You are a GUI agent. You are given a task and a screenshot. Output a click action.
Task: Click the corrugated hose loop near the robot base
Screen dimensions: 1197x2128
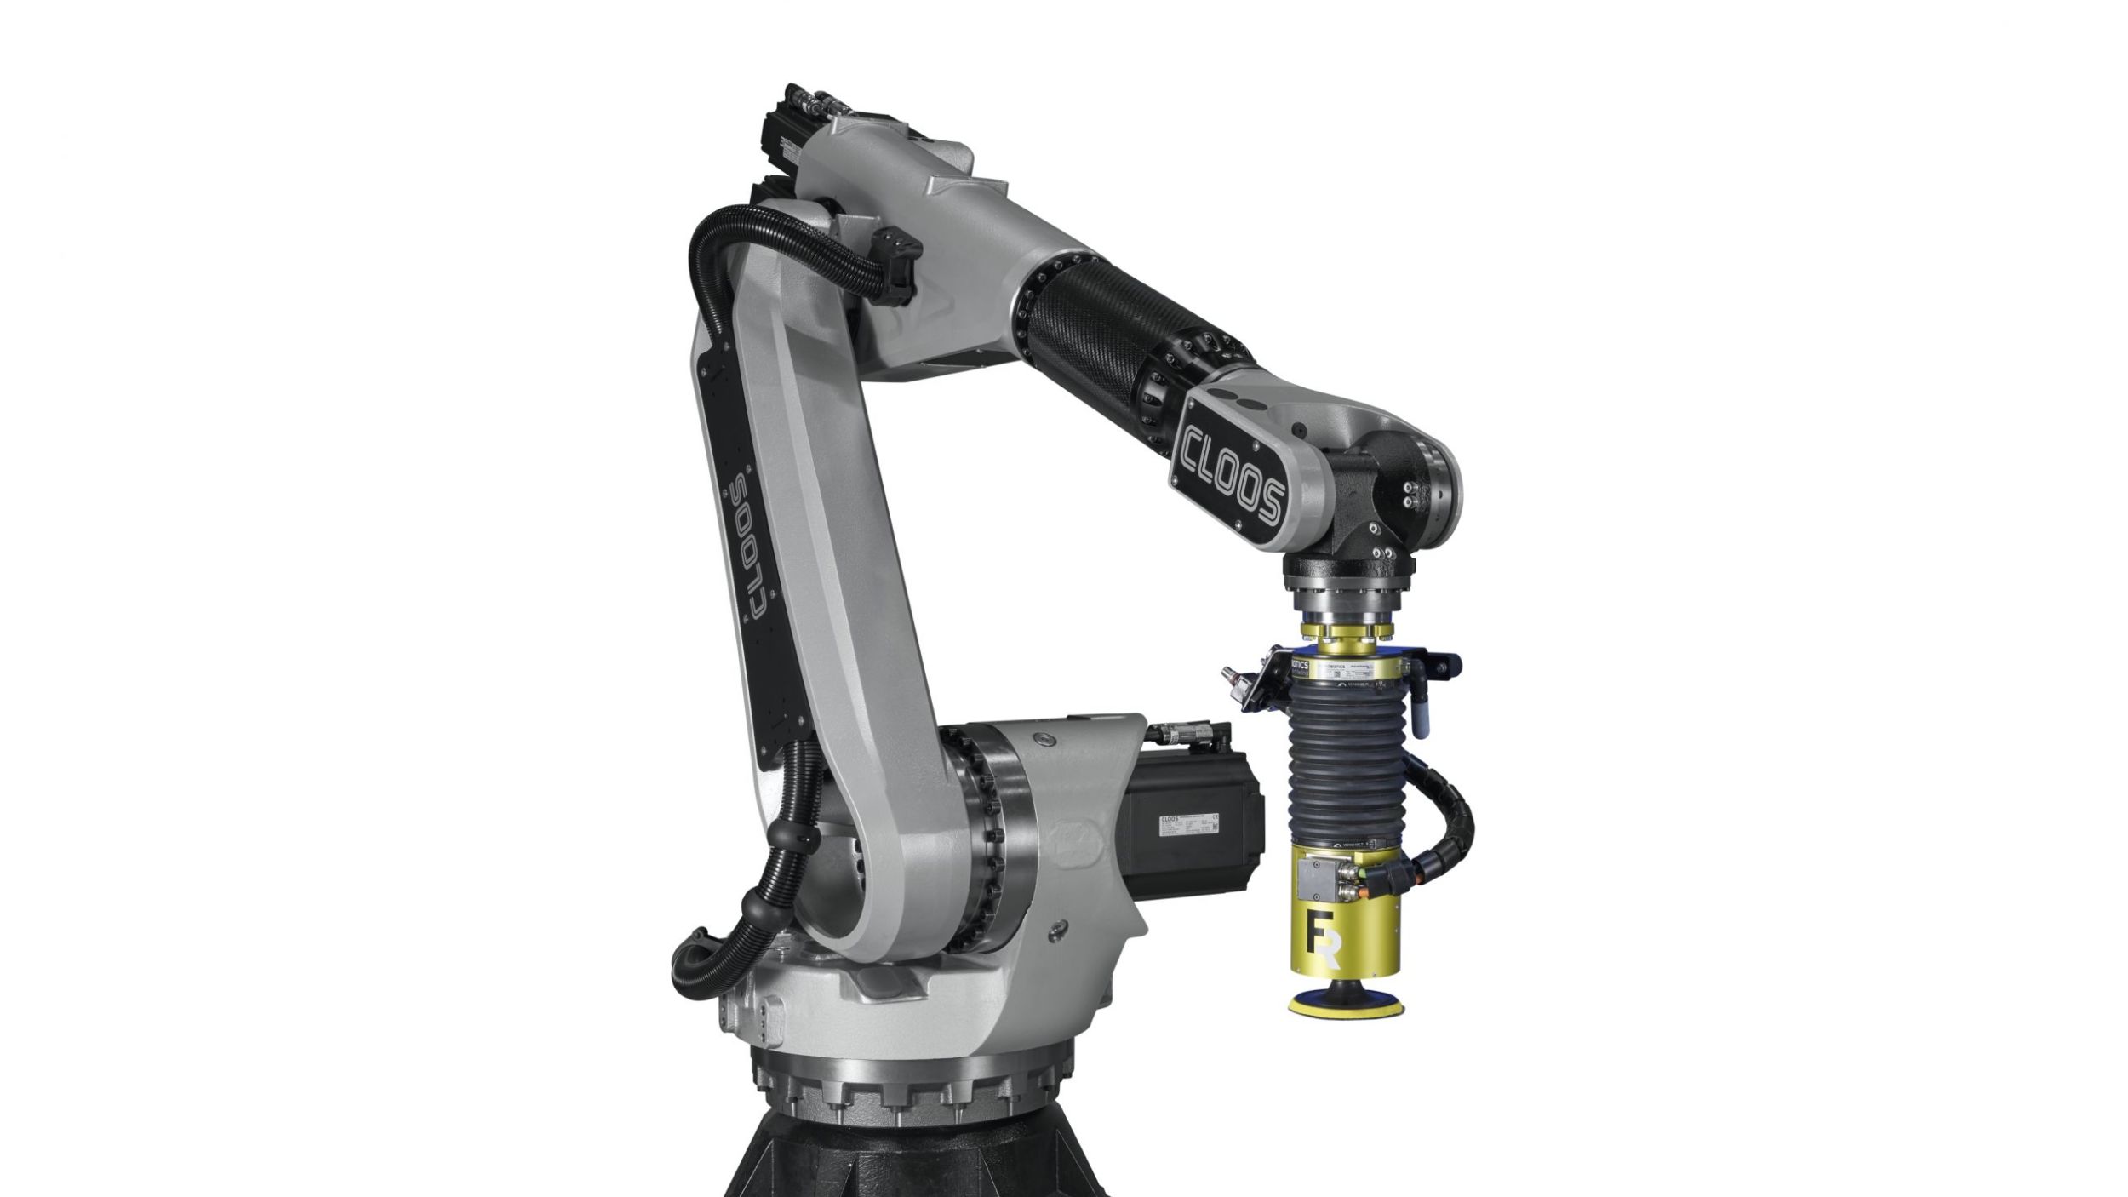[x=706, y=954]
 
